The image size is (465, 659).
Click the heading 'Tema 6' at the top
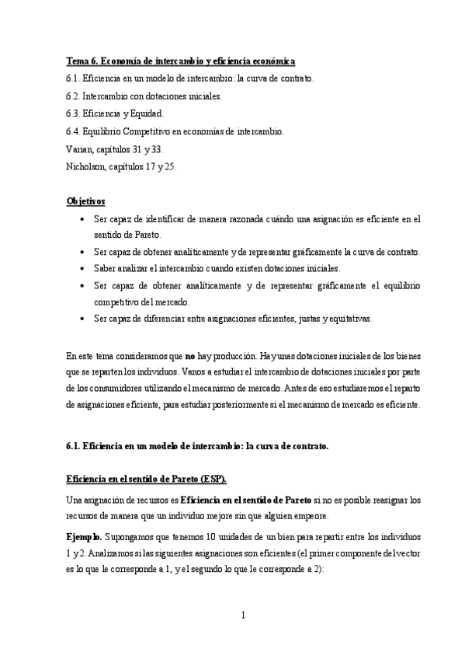pos(82,61)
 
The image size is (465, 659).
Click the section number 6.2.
pos(73,96)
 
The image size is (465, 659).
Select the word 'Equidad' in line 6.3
pos(146,113)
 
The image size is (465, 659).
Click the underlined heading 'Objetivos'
pos(86,200)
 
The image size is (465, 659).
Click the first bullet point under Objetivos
pos(82,219)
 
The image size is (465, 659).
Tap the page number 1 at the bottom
pos(243,615)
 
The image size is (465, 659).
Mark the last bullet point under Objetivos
pos(82,319)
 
